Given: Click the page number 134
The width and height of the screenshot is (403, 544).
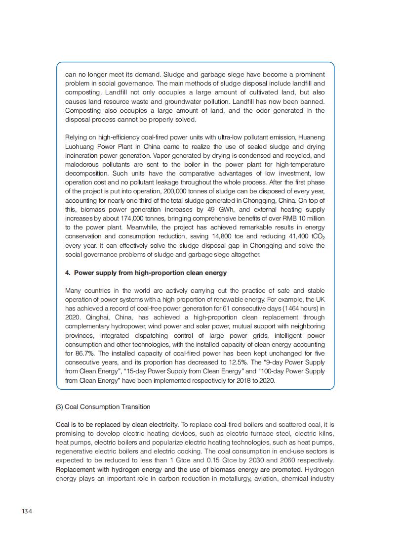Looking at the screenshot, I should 27,511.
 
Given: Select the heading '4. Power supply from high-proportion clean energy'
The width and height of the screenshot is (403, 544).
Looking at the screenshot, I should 146,272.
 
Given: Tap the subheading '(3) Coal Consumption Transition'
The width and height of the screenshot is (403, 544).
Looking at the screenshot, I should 103,407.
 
